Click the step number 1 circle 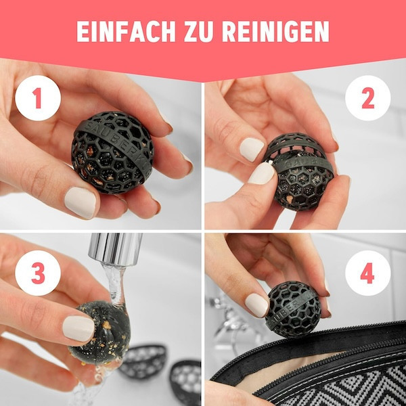pyautogui.click(x=38, y=98)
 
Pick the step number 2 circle pyautogui.click(x=367, y=98)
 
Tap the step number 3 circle pyautogui.click(x=38, y=273)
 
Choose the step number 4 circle pyautogui.click(x=367, y=273)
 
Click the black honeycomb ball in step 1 pyautogui.click(x=112, y=152)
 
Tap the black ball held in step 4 pyautogui.click(x=292, y=309)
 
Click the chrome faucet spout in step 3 pyautogui.click(x=118, y=248)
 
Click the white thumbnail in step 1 pyautogui.click(x=80, y=202)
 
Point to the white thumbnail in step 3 pyautogui.click(x=78, y=328)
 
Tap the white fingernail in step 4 pyautogui.click(x=257, y=304)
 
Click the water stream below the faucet pyautogui.click(x=112, y=284)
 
